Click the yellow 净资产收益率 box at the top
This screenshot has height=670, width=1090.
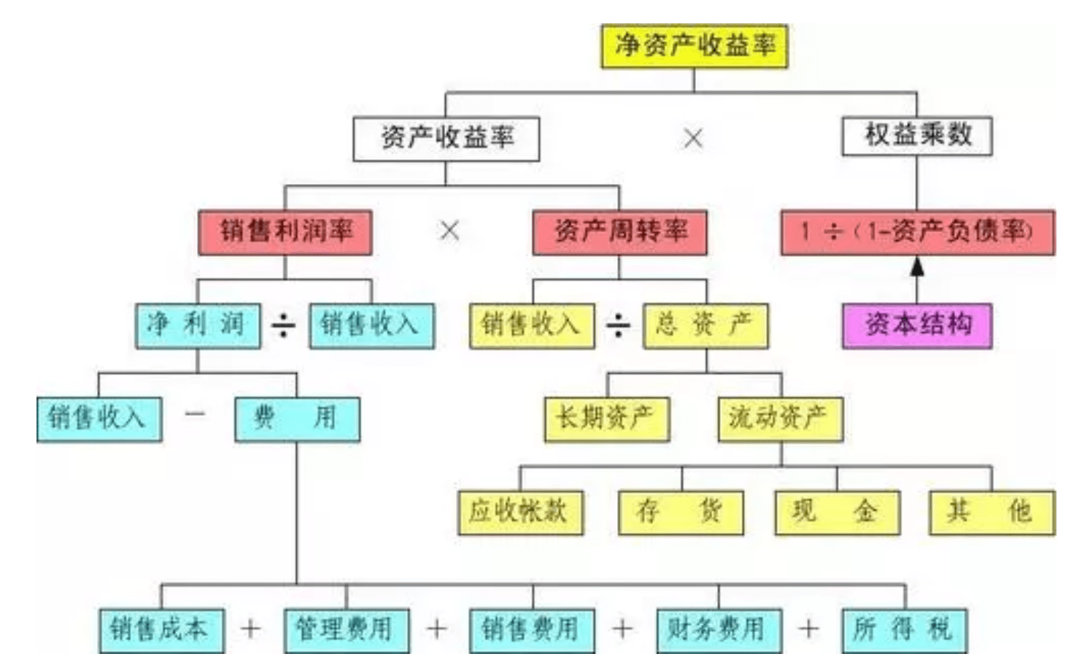coord(694,46)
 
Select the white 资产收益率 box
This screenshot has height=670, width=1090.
coord(446,139)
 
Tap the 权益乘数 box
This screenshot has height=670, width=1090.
coord(916,136)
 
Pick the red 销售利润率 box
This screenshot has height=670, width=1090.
coord(285,232)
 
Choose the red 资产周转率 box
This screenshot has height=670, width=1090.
coord(619,232)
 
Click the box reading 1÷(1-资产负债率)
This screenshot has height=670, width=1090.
coord(917,232)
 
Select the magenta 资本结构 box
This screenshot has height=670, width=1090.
coord(916,325)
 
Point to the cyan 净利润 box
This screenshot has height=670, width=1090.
coord(197,325)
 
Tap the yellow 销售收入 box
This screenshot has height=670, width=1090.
coord(532,325)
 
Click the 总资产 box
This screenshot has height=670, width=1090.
coord(706,325)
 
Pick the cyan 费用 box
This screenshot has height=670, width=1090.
coord(297,418)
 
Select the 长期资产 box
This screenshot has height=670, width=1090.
coord(606,418)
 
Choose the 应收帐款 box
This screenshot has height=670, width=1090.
coord(520,512)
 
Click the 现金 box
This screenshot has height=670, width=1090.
coord(837,512)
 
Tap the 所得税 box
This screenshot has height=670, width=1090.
coord(904,629)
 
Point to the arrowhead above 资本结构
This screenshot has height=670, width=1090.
coord(917,268)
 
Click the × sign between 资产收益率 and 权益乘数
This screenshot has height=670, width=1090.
coord(693,138)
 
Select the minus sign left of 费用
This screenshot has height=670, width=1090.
coord(196,415)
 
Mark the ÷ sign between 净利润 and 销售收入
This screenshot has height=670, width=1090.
coord(284,325)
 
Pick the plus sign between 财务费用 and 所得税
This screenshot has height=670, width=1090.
coord(809,628)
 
